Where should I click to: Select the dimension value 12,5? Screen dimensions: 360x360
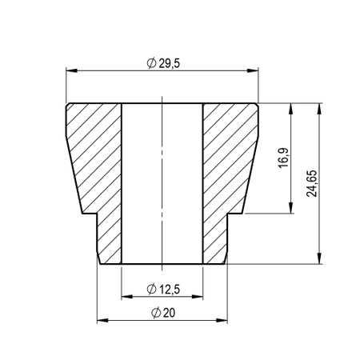(170, 287)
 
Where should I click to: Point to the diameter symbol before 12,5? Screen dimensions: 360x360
(152, 287)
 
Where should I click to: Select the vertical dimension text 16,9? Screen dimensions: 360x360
(282, 158)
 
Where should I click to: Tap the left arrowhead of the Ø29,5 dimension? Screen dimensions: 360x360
(68, 71)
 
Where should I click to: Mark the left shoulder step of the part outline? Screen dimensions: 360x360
(90, 214)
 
